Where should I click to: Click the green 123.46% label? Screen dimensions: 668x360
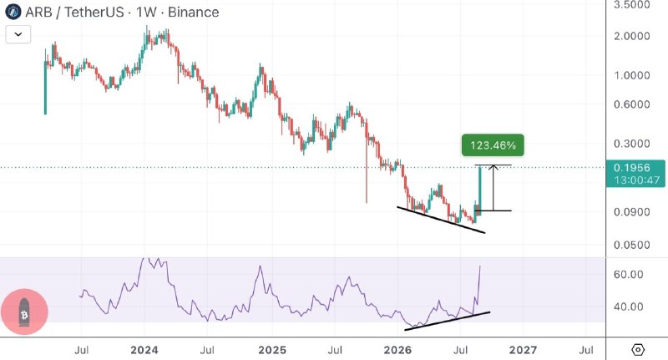[x=493, y=145]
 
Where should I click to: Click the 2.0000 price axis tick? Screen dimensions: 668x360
[x=632, y=36]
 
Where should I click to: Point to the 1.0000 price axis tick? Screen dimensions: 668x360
[x=632, y=75]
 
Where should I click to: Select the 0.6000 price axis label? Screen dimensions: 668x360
[x=632, y=104]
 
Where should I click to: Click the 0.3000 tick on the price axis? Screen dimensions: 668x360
[x=632, y=144]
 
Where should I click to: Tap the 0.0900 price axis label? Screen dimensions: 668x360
[x=632, y=211]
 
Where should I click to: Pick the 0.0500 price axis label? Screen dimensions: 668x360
[x=632, y=245]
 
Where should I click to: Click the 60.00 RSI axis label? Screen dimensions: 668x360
[x=629, y=274]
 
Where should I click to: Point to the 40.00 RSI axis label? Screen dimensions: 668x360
[x=629, y=307]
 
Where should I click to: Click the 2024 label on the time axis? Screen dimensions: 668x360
[x=144, y=350]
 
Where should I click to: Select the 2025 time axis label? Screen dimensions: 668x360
[x=272, y=350]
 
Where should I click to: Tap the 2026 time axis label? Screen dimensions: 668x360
[x=397, y=350]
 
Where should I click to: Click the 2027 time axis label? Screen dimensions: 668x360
[x=524, y=350]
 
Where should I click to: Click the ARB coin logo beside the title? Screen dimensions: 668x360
[x=13, y=12]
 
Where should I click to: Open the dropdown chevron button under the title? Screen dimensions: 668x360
[x=18, y=34]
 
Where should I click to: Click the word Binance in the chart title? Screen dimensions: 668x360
[x=194, y=12]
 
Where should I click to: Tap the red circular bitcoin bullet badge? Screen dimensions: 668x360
[x=24, y=312]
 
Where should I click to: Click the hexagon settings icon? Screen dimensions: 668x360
[x=638, y=350]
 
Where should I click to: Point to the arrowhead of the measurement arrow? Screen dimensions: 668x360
[x=493, y=166]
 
